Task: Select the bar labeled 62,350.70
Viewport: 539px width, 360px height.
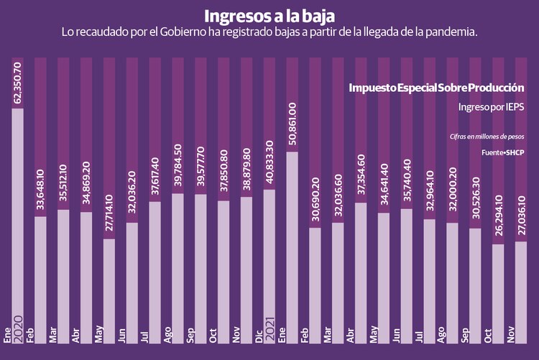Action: pos(17,216)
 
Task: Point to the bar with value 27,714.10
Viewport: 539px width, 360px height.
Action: pos(109,280)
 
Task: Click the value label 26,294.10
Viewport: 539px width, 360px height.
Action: pos(497,218)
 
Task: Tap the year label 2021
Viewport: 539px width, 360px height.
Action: pos(269,314)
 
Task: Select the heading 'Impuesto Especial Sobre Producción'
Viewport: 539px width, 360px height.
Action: pos(436,88)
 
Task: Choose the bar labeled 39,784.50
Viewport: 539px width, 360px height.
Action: pos(178,259)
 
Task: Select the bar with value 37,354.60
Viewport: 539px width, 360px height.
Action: pos(360,262)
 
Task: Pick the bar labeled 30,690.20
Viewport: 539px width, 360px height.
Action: pos(315,277)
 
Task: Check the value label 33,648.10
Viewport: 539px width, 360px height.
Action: pos(40,190)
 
